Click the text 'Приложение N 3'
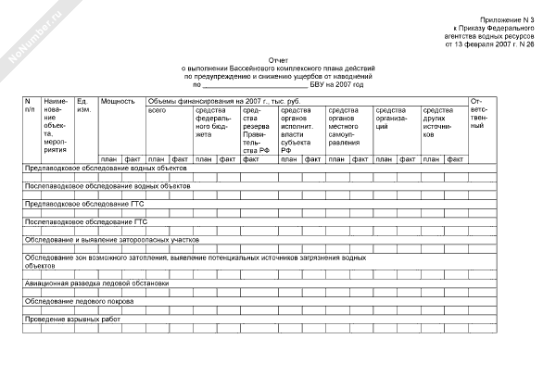click(x=512, y=19)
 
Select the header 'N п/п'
click(x=29, y=105)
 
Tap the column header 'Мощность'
click(x=118, y=100)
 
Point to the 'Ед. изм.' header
click(x=83, y=105)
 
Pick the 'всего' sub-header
click(x=157, y=110)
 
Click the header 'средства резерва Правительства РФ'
click(x=256, y=131)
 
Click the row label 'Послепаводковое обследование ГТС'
click(x=86, y=223)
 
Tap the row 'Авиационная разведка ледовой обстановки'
click(x=97, y=282)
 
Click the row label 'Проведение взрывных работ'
click(x=73, y=320)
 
